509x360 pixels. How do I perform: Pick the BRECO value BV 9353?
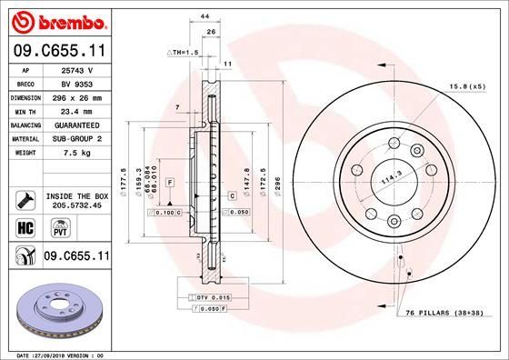(75, 82)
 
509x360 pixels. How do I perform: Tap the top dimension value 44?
(205, 17)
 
